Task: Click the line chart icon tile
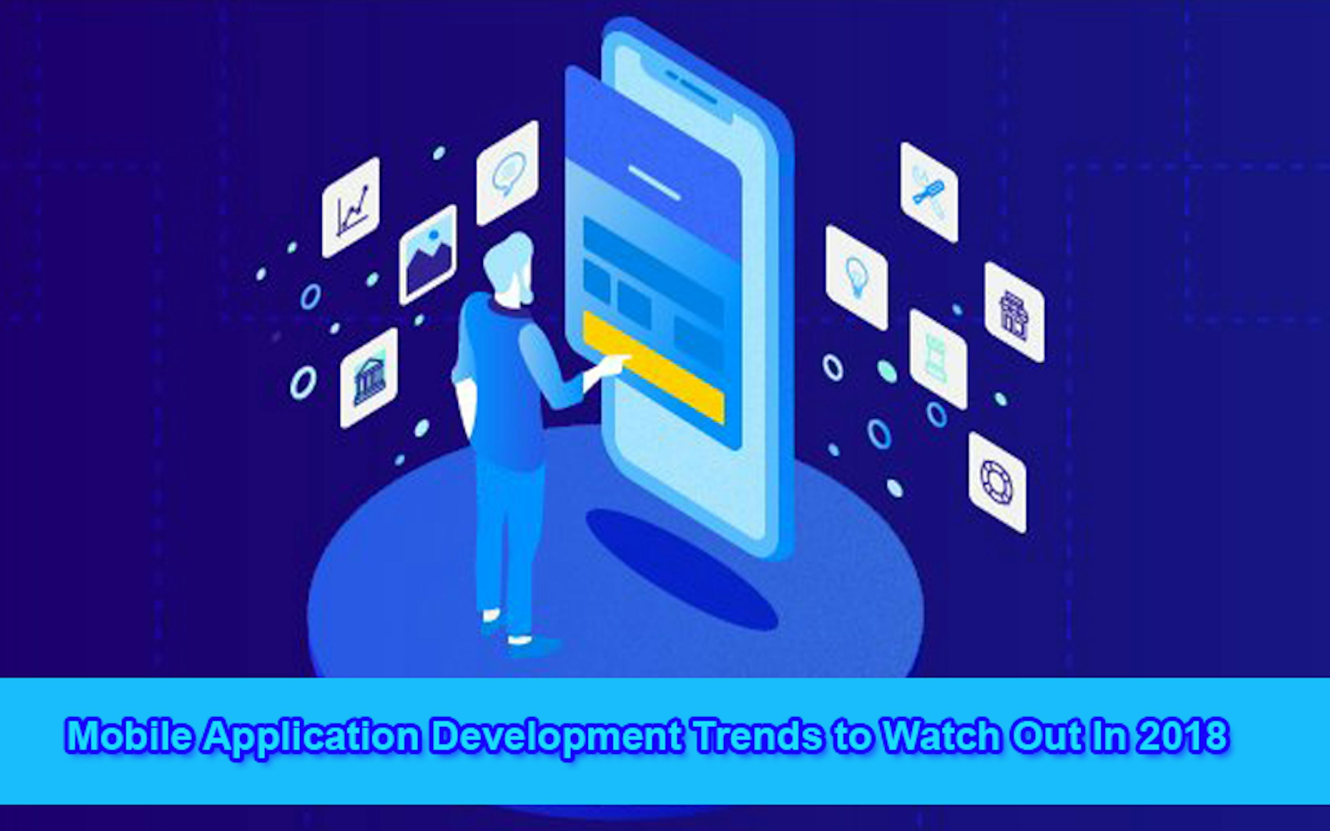[x=351, y=208]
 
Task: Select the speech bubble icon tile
[x=507, y=173]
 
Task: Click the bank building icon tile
[x=369, y=378]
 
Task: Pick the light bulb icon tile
[x=856, y=278]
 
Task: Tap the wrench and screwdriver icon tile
[x=929, y=193]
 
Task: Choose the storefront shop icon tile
[x=1014, y=312]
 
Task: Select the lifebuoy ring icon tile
[x=997, y=483]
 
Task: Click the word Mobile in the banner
[x=130, y=735]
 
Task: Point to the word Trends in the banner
[x=759, y=735]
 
